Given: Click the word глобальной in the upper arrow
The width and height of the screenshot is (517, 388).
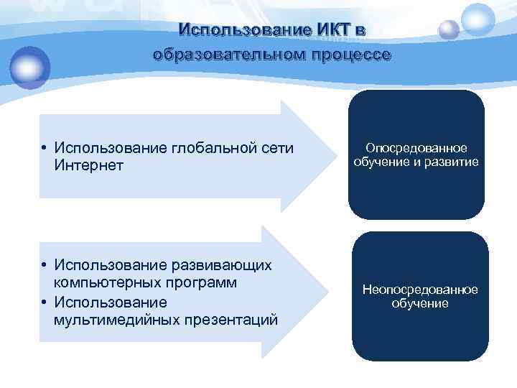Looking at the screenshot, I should coord(214,148).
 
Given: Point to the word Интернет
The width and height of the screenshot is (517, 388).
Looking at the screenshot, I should coord(88,165).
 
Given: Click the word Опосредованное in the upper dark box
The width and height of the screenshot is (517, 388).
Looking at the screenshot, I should coord(416,148).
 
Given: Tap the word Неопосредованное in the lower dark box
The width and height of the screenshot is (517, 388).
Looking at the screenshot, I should coord(420,290).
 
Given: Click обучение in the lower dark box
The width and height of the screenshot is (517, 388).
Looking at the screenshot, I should coord(420,304).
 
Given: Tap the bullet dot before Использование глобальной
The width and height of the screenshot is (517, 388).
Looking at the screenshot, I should coord(44,149).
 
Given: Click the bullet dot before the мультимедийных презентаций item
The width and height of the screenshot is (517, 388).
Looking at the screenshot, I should coord(44,302).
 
